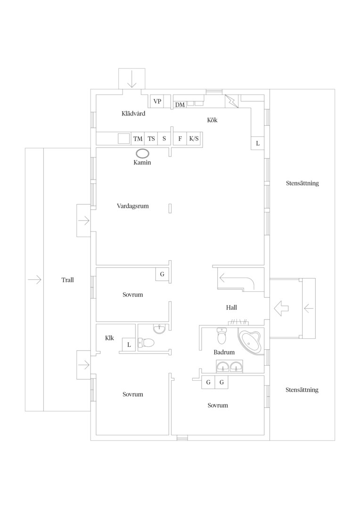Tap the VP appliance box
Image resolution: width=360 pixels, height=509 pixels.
pyautogui.click(x=157, y=101)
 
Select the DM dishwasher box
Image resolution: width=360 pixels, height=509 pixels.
pyautogui.click(x=180, y=105)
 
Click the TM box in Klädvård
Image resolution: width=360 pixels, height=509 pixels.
pyautogui.click(x=138, y=139)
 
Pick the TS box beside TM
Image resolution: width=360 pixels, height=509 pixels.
pyautogui.click(x=151, y=139)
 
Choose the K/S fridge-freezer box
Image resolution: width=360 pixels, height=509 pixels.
pyautogui.click(x=194, y=139)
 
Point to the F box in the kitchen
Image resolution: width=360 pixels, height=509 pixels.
pyautogui.click(x=180, y=139)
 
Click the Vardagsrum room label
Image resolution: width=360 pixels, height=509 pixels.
pyautogui.click(x=133, y=206)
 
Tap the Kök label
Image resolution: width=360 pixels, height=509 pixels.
pyautogui.click(x=213, y=120)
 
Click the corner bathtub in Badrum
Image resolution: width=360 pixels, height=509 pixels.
pyautogui.click(x=251, y=341)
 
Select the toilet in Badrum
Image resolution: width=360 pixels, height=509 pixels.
pyautogui.click(x=222, y=336)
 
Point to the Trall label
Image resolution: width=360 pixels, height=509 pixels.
pyautogui.click(x=68, y=280)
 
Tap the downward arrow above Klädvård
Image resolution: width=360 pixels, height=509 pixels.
pyautogui.click(x=132, y=80)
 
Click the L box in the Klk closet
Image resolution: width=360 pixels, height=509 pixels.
pyautogui.click(x=129, y=345)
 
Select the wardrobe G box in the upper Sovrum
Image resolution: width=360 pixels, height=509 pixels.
pyautogui.click(x=162, y=274)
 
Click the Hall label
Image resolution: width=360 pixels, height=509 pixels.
pyautogui.click(x=231, y=307)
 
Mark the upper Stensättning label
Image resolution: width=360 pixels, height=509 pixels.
pyautogui.click(x=302, y=183)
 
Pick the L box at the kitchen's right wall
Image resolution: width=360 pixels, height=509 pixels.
pyautogui.click(x=258, y=143)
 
